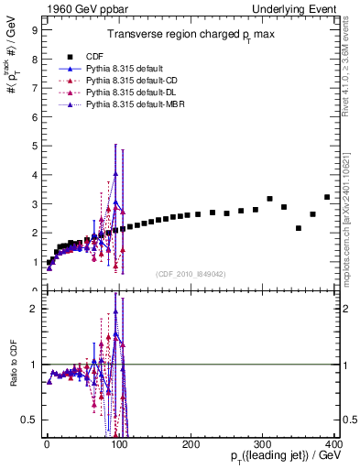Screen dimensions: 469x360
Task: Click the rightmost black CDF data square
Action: click(327, 197)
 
